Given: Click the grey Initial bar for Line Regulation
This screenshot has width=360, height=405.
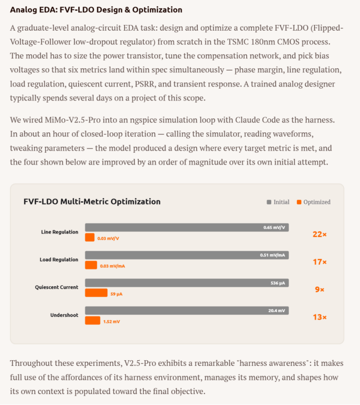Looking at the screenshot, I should tap(187, 228).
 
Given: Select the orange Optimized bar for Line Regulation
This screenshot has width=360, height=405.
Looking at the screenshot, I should tap(90, 238).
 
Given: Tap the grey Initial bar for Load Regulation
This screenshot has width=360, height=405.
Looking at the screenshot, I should tap(187, 255).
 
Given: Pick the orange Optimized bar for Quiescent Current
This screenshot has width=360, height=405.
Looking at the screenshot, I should tap(96, 293).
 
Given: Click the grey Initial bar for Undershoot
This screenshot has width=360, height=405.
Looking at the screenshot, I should tap(187, 311).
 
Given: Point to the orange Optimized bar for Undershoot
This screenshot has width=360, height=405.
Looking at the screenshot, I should tap(92, 321).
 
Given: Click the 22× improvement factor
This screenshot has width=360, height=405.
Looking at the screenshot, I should tap(319, 235).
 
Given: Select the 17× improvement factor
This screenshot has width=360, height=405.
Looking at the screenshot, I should tap(319, 262).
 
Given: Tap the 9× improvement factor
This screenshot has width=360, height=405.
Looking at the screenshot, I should tap(319, 289).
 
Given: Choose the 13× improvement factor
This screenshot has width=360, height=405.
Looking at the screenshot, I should tap(319, 317).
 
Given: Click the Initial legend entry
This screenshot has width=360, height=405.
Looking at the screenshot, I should tap(278, 202).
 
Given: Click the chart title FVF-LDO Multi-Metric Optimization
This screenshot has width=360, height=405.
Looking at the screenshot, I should tap(92, 202).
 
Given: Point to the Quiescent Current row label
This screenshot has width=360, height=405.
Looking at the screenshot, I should tap(56, 287).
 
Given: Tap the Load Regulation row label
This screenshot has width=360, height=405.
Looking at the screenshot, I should tap(59, 260).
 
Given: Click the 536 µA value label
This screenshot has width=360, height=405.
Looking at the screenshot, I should tap(278, 283).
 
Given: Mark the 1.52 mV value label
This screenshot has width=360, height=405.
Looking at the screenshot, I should tap(111, 322).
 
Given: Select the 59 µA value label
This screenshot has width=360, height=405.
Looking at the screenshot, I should tap(116, 294).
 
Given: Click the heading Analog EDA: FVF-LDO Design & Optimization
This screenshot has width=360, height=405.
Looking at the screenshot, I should tap(96, 10).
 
